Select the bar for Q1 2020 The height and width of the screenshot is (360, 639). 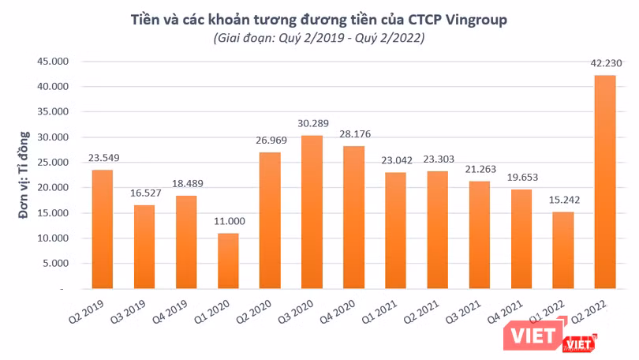(227, 261)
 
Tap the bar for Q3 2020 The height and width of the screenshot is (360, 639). (311, 212)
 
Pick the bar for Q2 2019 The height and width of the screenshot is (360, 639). (102, 229)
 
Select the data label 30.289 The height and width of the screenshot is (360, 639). (311, 125)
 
